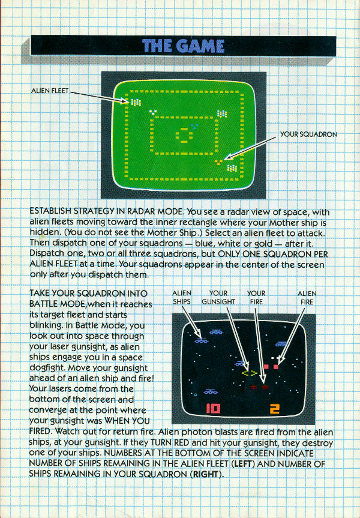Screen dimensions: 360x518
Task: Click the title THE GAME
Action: click(184, 46)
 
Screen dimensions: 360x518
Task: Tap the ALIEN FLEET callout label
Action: click(50, 91)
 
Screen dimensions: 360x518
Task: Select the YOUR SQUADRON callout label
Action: click(308, 134)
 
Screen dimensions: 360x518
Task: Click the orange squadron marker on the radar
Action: click(218, 162)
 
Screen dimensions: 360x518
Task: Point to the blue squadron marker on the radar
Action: click(194, 127)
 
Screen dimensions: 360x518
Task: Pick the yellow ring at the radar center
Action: click(184, 135)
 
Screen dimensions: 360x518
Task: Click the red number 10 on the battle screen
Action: click(213, 409)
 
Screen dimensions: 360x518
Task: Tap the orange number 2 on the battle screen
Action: click(274, 409)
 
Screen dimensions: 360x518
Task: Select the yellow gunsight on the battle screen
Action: click(250, 373)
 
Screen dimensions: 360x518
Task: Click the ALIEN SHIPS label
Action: click(182, 297)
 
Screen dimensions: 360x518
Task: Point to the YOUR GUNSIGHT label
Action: click(218, 297)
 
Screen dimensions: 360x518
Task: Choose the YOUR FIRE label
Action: click(256, 297)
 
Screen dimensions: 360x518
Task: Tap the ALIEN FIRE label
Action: click(307, 297)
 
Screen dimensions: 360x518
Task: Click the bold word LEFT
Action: click(243, 464)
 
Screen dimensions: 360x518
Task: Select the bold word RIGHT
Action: click(206, 474)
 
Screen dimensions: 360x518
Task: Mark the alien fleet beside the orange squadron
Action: click(232, 168)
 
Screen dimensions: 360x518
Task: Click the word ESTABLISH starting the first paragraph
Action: click(50, 211)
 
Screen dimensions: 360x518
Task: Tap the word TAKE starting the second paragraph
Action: click(40, 294)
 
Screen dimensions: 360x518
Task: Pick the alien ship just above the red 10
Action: click(211, 392)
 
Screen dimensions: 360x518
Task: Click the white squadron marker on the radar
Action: click(153, 113)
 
